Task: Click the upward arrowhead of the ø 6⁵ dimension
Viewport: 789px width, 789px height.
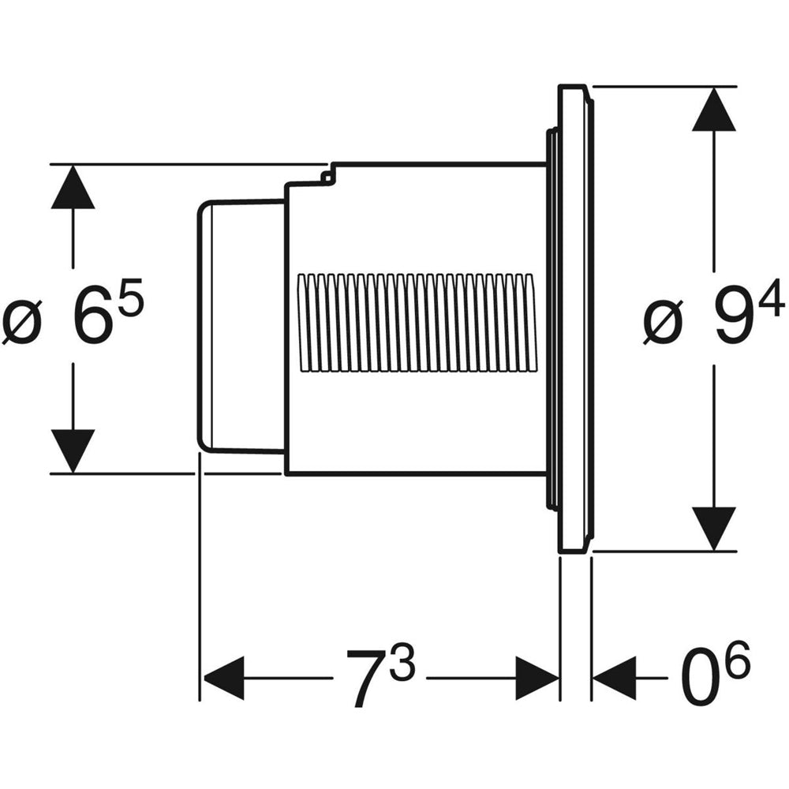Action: point(73,187)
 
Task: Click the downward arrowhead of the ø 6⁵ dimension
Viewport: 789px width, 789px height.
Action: point(73,451)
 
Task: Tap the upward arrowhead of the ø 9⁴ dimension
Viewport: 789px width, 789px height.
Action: point(714,108)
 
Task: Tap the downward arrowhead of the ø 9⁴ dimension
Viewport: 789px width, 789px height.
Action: point(714,529)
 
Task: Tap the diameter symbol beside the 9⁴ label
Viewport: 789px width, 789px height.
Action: point(661,323)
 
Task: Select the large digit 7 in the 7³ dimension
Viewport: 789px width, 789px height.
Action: point(365,677)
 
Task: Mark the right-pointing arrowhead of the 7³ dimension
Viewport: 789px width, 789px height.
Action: point(537,678)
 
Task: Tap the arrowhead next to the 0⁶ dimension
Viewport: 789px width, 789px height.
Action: point(614,678)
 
